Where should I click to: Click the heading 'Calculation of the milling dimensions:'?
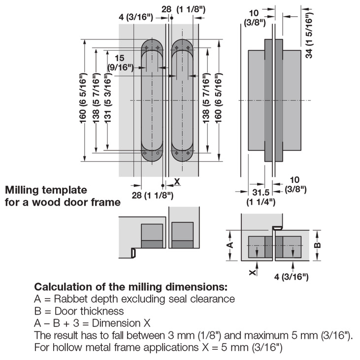click(131, 287)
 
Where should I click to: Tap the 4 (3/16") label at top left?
click(136, 18)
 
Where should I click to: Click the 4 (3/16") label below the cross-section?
click(292, 277)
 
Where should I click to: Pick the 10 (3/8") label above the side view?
click(256, 17)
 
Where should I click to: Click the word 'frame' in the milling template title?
click(106, 202)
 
